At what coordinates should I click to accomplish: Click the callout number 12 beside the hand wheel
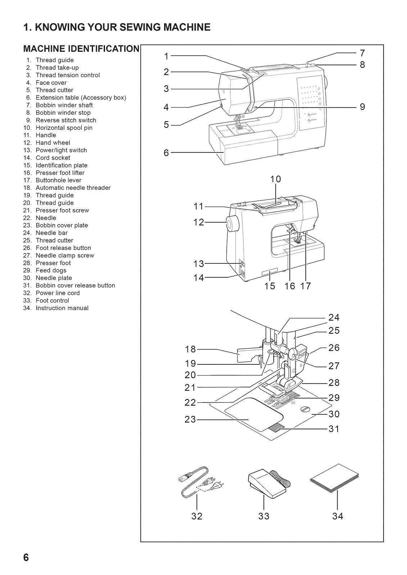(199, 222)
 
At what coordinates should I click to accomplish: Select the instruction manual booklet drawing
(335, 480)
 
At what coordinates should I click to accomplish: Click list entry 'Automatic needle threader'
(73, 188)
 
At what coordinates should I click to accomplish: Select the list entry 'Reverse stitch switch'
(65, 120)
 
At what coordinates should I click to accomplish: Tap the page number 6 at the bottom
(26, 557)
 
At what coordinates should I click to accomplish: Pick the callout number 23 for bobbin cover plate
(190, 419)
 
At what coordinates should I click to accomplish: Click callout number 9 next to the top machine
(362, 107)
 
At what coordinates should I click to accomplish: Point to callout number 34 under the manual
(338, 516)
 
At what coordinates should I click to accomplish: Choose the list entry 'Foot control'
(52, 300)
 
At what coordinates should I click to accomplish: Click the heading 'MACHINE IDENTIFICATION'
(81, 49)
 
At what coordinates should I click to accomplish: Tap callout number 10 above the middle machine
(275, 179)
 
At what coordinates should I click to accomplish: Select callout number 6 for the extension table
(166, 153)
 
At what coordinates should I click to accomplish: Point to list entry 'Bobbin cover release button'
(75, 285)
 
